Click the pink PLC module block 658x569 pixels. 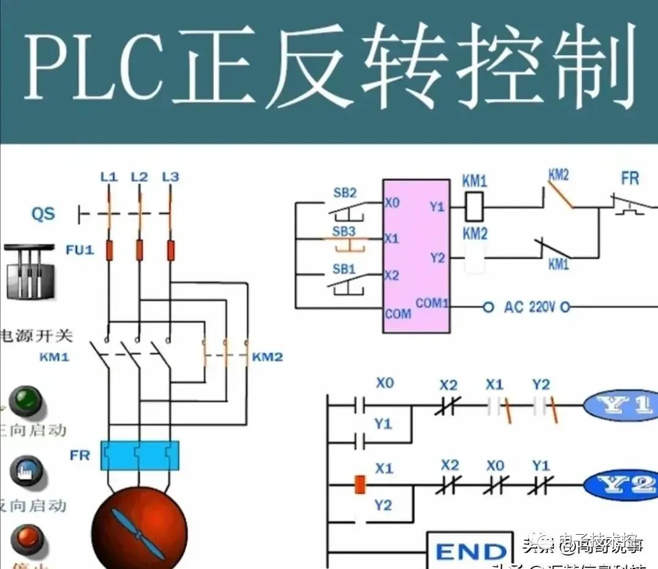pos(416,256)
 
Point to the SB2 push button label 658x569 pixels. pos(344,193)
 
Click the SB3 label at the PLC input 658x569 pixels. pos(344,231)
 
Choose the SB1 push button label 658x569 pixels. pos(344,269)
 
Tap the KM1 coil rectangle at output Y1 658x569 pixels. pos(475,207)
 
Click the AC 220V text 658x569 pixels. pos(530,307)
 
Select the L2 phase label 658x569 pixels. pos(140,177)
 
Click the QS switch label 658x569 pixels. pos(43,214)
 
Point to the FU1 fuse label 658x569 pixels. pos(80,250)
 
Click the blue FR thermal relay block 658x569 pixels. pos(140,455)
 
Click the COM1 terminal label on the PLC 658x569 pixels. pos(432,303)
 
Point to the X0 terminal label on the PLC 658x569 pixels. pos(392,203)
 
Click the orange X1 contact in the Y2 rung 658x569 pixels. pos(361,485)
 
